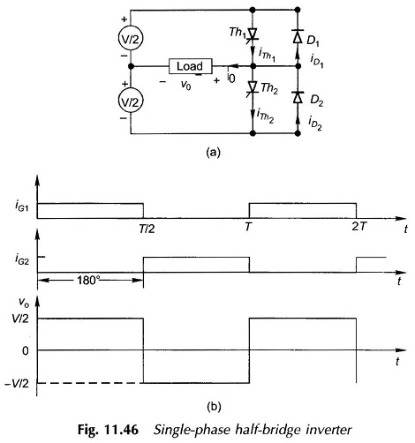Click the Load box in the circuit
tap(191, 66)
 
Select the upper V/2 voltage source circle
tap(131, 39)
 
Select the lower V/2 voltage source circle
tap(131, 101)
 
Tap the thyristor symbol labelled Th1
tap(253, 34)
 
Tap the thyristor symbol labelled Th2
tap(253, 87)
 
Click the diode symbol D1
tap(298, 36)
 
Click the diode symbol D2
tap(298, 97)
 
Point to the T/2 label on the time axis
tap(147, 229)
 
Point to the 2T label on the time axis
tap(359, 227)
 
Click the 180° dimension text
tap(88, 281)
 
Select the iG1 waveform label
tap(22, 206)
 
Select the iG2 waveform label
tap(22, 259)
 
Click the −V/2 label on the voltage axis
tap(17, 383)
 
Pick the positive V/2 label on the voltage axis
tap(20, 319)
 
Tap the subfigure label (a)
tap(214, 153)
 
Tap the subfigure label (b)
tap(215, 407)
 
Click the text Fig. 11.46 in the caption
tap(108, 430)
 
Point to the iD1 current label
tap(317, 61)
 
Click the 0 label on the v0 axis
tap(26, 350)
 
